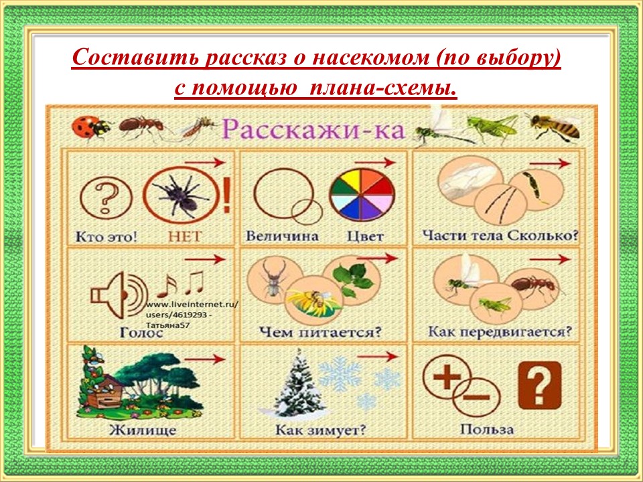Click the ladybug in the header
pos(90,127)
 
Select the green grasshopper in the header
pos(491,127)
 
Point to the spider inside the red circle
pos(180,194)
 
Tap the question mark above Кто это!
pos(106,198)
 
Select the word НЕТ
pos(185,236)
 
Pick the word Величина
pos(282,236)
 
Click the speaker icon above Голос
pos(118,295)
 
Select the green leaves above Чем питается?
pos(353,280)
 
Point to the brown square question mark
pos(540,386)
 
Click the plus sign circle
pos(447,377)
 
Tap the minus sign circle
pos(477,397)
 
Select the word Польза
pos(487,430)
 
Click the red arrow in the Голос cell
pos(205,259)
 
